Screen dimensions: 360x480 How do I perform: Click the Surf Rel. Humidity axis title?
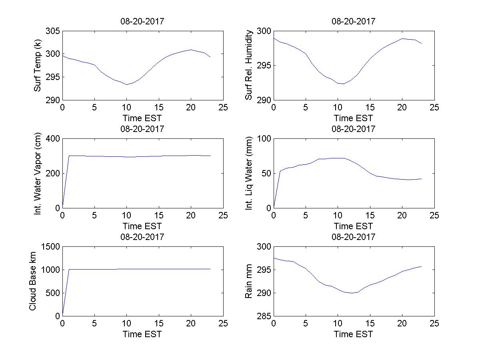249,65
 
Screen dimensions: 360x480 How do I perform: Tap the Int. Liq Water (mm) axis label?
249,173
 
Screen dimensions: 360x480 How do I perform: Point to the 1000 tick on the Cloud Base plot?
50,270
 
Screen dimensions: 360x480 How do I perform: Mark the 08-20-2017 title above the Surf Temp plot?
142,22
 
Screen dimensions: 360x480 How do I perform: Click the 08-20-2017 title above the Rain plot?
354,237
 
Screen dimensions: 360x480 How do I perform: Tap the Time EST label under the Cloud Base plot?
142,334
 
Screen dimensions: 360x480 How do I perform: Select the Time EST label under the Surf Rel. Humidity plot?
354,118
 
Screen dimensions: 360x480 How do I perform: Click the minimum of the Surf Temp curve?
127,84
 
